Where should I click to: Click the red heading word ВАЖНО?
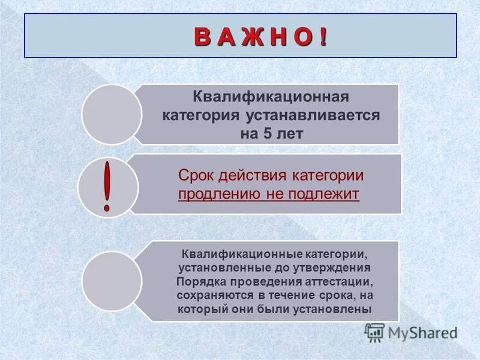coord(260,37)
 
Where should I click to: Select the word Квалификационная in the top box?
coord(270,96)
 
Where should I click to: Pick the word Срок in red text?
coord(197,175)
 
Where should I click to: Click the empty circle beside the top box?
coord(112,114)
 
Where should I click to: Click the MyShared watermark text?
coord(422,332)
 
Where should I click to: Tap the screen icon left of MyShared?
coord(374,332)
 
